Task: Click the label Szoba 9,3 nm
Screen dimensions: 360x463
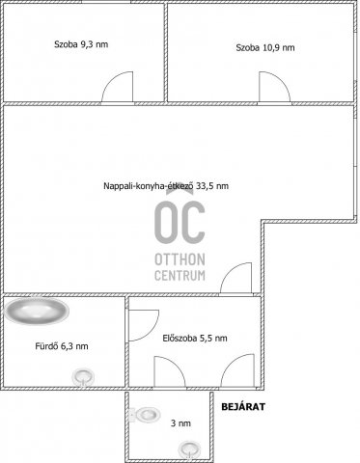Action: pyautogui.click(x=81, y=44)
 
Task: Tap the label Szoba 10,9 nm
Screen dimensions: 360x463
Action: pyautogui.click(x=265, y=47)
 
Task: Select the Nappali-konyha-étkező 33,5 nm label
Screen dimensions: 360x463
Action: pyautogui.click(x=166, y=186)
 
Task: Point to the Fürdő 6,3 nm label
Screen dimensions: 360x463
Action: pyautogui.click(x=62, y=346)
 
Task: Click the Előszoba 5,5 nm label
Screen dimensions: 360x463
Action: pyautogui.click(x=195, y=339)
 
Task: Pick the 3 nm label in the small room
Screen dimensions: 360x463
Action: pyautogui.click(x=180, y=423)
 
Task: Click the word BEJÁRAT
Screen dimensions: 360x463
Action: pyautogui.click(x=243, y=407)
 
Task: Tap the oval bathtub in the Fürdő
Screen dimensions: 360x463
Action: pyautogui.click(x=37, y=311)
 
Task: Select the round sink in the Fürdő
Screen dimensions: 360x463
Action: pyautogui.click(x=83, y=377)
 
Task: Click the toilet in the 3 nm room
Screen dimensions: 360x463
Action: pyautogui.click(x=145, y=415)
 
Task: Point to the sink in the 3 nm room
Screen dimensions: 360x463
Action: pyautogui.click(x=190, y=449)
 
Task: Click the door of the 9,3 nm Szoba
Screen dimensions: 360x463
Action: pyautogui.click(x=118, y=87)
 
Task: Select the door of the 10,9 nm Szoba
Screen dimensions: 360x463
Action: pyautogui.click(x=275, y=87)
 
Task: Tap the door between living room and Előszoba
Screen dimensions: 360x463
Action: pyautogui.click(x=235, y=278)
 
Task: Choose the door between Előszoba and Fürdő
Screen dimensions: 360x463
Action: pyautogui.click(x=144, y=325)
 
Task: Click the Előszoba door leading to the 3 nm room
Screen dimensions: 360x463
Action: pyautogui.click(x=170, y=371)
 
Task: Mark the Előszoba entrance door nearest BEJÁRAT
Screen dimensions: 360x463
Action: pyautogui.click(x=237, y=370)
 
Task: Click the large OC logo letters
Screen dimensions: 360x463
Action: pyautogui.click(x=180, y=221)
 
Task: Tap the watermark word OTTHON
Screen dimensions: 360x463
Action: pyautogui.click(x=180, y=259)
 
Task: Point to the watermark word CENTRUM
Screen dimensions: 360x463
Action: pyautogui.click(x=180, y=276)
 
